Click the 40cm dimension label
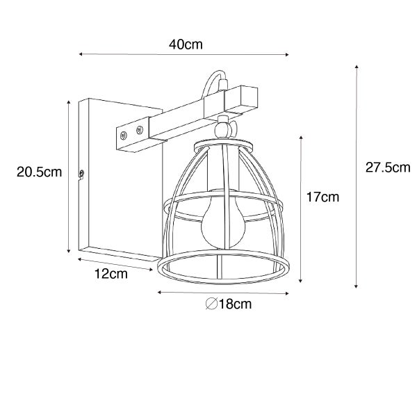(x=186, y=44)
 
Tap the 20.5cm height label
(x=40, y=172)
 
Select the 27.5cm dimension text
(x=388, y=167)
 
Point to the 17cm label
(x=322, y=197)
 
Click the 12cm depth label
(x=111, y=273)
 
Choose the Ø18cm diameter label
(x=229, y=304)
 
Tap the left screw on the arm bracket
(x=123, y=136)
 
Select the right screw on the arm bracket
(x=139, y=130)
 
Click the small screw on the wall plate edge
(x=81, y=173)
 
